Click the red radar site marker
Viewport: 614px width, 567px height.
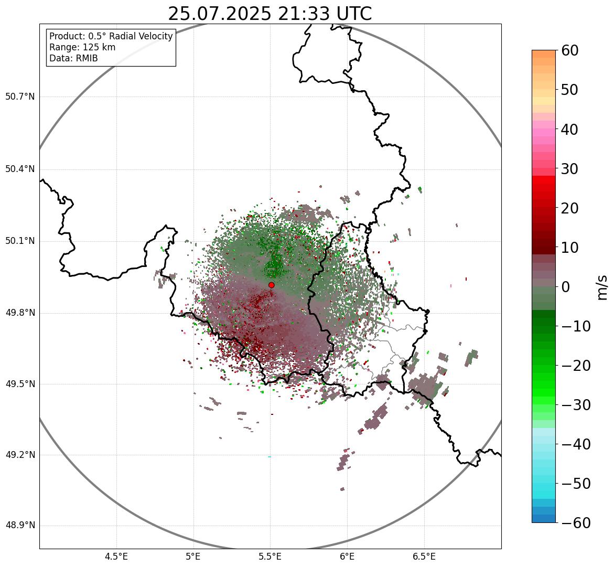tap(271, 285)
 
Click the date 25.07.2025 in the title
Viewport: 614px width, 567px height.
tap(219, 14)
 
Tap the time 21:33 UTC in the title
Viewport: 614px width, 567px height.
tap(325, 14)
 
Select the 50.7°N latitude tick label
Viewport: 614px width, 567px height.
tap(19, 97)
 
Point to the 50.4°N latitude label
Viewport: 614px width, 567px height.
tap(19, 169)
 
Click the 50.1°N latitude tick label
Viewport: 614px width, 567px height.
tap(19, 241)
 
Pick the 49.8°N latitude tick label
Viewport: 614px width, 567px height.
tap(19, 313)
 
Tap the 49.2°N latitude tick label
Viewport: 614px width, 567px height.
tap(19, 455)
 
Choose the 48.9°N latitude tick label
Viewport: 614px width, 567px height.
tap(19, 526)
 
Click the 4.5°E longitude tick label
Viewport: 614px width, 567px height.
tap(116, 557)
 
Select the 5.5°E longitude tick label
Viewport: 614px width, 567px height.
tap(270, 557)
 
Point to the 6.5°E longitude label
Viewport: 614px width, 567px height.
tap(424, 557)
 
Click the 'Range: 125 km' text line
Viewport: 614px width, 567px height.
tap(82, 47)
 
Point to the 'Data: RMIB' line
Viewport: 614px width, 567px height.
tap(73, 58)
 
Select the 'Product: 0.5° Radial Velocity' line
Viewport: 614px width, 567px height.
tap(111, 36)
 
